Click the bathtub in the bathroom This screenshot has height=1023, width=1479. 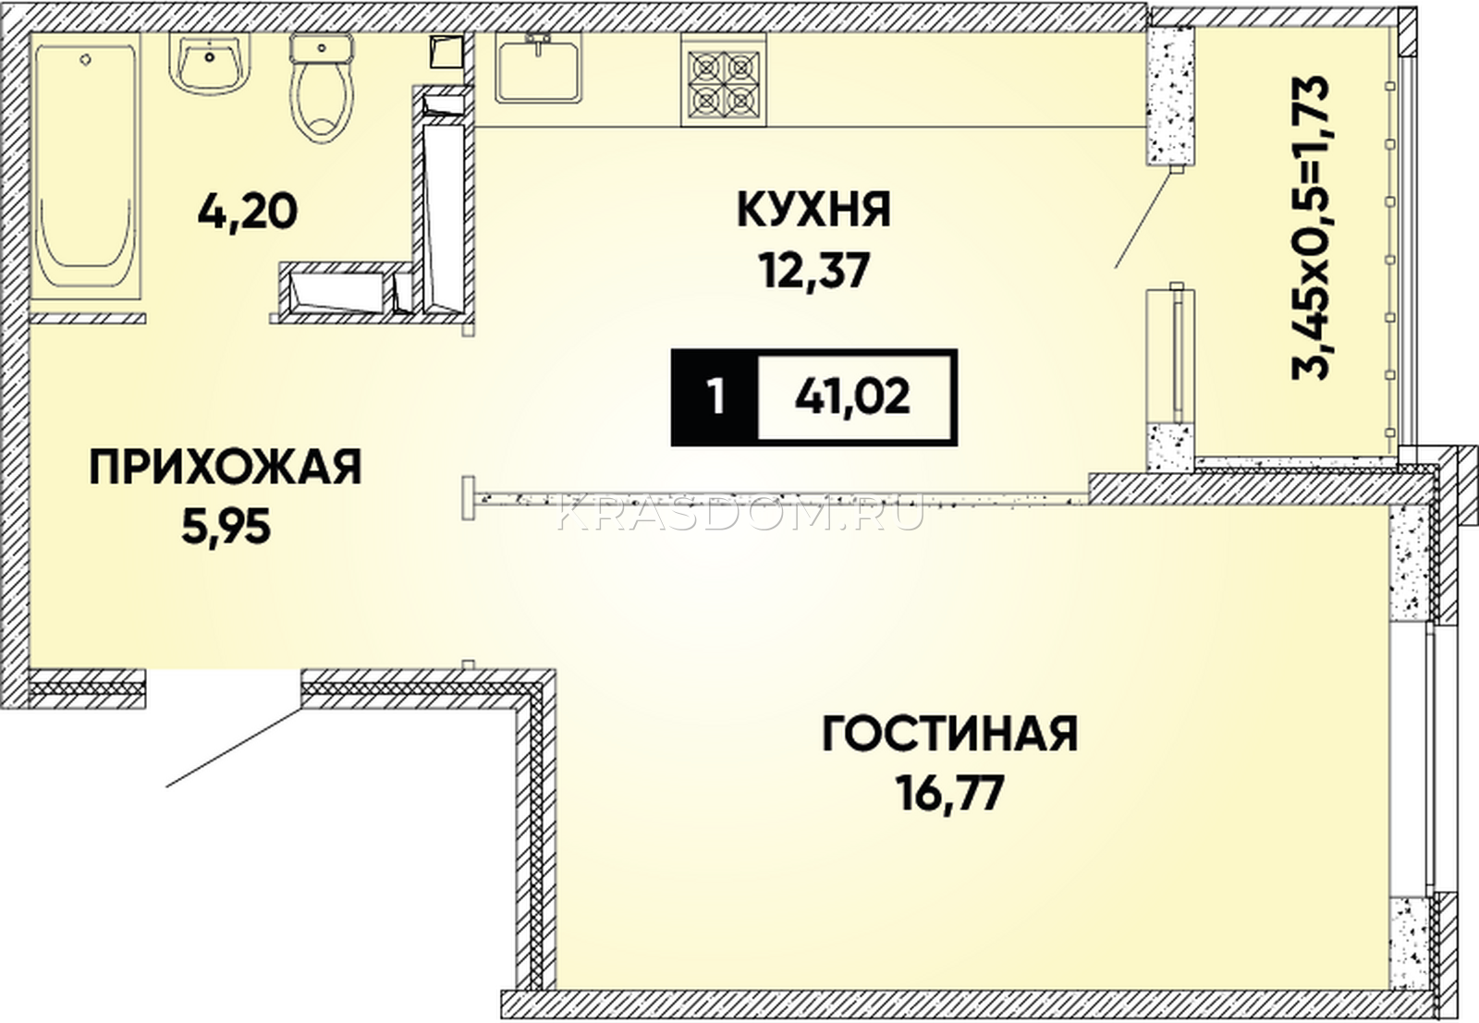point(86,165)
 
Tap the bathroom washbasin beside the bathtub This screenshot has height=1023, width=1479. point(210,63)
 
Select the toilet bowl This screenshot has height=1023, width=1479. point(322,87)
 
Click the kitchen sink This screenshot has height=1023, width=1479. point(539,68)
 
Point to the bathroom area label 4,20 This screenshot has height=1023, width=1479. point(248,212)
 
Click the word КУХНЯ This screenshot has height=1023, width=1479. point(813,210)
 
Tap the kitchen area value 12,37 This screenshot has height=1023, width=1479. point(813,271)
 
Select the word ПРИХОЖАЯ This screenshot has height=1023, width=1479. point(226,468)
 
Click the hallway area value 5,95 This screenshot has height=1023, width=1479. point(226,528)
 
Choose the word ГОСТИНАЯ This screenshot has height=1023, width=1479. point(950,734)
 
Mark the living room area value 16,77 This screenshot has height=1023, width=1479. point(950,794)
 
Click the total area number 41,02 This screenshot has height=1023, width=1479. point(852,397)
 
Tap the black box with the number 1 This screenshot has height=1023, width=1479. point(715,397)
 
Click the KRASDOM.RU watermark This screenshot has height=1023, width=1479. point(739,514)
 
